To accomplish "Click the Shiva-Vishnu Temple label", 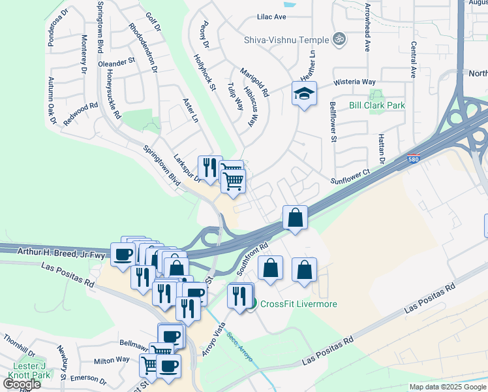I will point(286,39).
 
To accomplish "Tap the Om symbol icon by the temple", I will point(338,39).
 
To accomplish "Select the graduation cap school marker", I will point(304,94).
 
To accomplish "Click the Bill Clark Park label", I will point(376,105).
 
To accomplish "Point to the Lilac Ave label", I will point(272,16).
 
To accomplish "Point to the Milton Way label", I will point(112,360).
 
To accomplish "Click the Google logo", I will point(22,384).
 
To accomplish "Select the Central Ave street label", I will point(413,60).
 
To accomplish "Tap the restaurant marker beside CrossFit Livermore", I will point(239,295).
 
